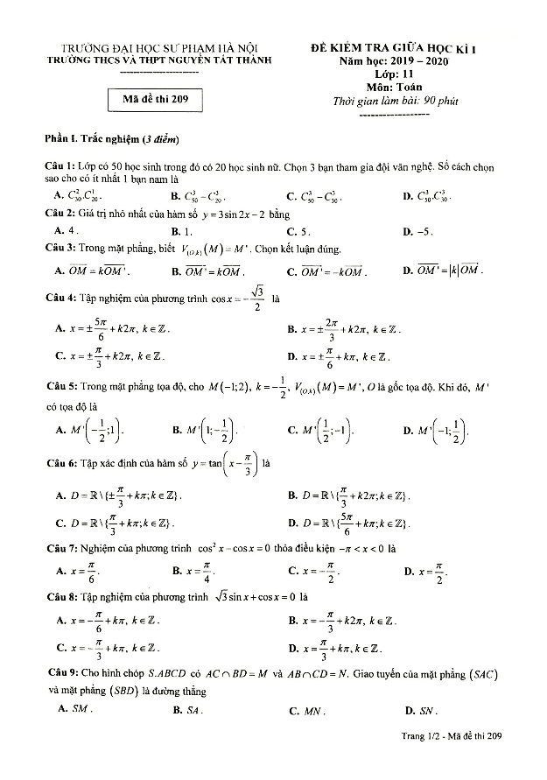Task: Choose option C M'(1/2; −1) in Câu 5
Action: coord(319,431)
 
